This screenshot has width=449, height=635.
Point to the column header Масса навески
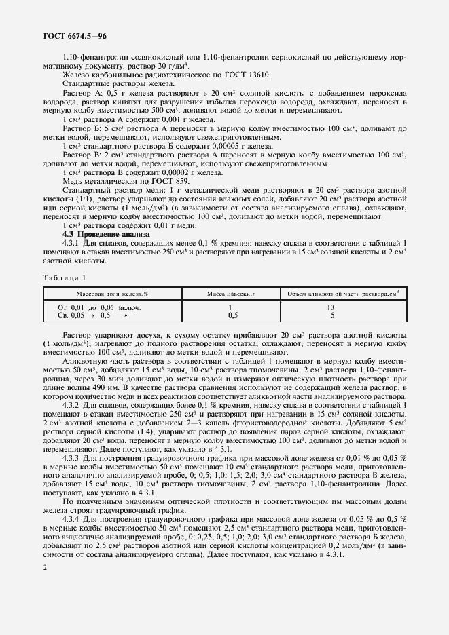click(230, 293)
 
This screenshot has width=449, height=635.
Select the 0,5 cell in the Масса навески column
click(232, 315)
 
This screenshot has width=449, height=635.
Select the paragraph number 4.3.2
click(71, 405)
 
